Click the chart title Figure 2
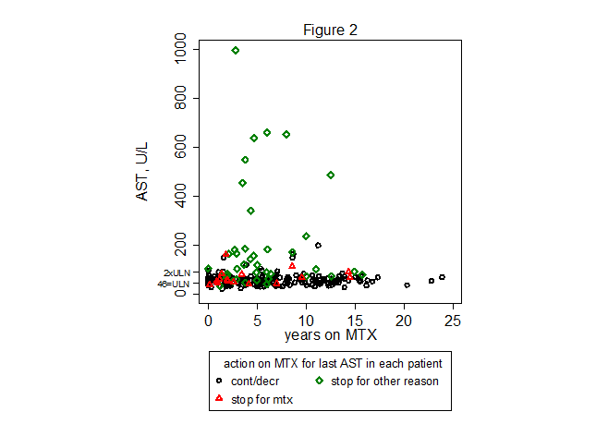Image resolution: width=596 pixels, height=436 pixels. coord(330,30)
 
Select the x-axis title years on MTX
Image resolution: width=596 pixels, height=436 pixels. coord(330,333)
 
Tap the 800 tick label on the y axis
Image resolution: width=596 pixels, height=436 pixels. coord(180,97)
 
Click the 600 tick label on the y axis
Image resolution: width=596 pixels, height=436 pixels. coord(180,146)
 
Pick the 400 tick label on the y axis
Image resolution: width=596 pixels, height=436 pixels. coord(180,195)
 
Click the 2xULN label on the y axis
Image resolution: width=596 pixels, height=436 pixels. coord(176,272)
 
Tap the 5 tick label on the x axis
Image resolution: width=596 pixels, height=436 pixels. coord(257,320)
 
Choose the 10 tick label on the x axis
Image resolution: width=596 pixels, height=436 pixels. coord(306,320)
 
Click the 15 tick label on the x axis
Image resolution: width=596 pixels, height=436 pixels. coord(355,320)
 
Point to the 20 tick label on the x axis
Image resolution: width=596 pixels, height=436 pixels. coord(404,320)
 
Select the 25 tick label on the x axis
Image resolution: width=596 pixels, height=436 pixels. coord(453,320)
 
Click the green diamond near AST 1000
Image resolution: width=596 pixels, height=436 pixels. coord(236,51)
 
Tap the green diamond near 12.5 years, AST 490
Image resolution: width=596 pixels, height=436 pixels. coord(331,175)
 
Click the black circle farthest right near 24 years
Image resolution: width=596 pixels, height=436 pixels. coord(442,277)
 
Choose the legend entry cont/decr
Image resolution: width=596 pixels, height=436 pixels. coord(250,381)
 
